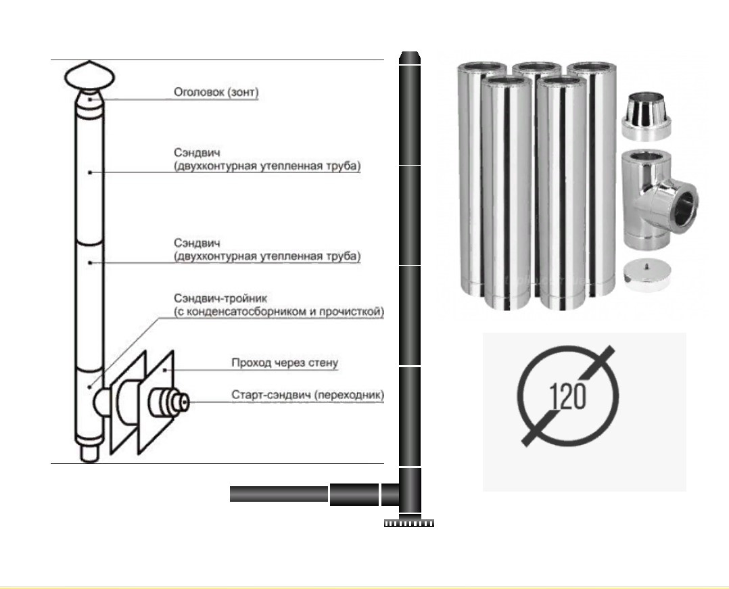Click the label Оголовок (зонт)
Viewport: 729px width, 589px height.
[216, 92]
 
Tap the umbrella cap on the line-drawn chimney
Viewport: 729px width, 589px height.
[89, 76]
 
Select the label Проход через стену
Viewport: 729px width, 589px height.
[285, 362]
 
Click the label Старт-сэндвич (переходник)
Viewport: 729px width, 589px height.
[308, 395]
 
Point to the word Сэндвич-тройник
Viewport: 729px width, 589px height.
[220, 298]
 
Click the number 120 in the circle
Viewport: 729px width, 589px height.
[567, 396]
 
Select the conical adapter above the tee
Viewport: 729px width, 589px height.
[646, 116]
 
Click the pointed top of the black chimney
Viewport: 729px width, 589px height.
[410, 57]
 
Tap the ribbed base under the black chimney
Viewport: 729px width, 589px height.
[409, 522]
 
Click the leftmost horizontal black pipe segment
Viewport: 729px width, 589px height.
[279, 494]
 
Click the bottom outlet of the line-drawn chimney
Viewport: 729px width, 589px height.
[89, 454]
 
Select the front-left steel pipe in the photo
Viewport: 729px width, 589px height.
[507, 193]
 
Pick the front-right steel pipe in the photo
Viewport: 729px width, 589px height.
[561, 193]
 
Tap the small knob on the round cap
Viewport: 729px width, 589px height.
[646, 266]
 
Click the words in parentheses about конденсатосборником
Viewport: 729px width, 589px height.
[279, 312]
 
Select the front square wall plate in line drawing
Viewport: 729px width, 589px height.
[156, 402]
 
